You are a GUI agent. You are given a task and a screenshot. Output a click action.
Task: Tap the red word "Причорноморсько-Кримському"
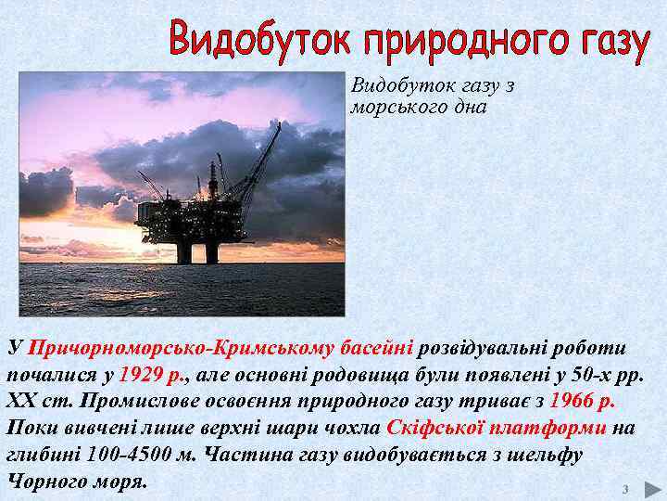tap(182, 349)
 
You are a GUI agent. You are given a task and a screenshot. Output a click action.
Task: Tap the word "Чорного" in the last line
tap(45, 482)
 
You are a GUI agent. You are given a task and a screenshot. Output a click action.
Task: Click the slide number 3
tap(625, 489)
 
